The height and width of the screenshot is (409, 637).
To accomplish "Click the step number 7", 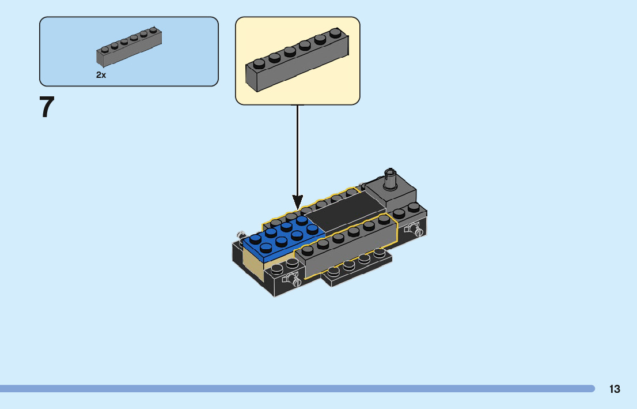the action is tap(47, 107).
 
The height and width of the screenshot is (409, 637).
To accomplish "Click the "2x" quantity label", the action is tap(101, 75).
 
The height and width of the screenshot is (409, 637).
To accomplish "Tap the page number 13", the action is tap(615, 389).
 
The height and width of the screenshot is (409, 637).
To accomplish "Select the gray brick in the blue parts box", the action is tap(129, 47).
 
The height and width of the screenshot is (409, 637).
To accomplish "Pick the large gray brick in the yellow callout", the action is tap(297, 60).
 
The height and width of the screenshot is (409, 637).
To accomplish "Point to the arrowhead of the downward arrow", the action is tap(297, 202).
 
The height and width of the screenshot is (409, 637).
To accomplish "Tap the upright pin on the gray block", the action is tap(390, 178).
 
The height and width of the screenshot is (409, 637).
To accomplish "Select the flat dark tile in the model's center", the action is tap(347, 212).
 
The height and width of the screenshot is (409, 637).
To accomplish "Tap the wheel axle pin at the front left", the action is tap(293, 279).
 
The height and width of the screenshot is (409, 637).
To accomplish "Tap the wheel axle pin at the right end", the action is tap(414, 230).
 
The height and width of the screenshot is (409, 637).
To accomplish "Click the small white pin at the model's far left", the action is tap(241, 235).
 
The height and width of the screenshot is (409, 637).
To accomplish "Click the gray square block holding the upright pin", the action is tap(391, 194).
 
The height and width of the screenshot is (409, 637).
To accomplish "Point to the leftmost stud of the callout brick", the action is tap(259, 63).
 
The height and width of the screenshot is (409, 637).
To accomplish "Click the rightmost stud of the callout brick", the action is tap(335, 32).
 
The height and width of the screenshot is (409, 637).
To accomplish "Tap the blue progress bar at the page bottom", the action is tap(297, 389).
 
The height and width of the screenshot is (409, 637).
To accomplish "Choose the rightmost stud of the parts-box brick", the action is tap(153, 29).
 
